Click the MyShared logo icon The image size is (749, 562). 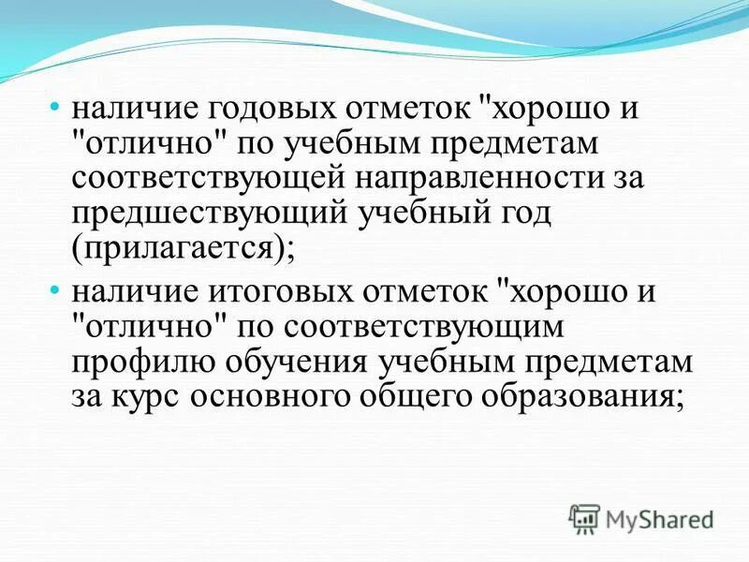coord(583,517)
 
